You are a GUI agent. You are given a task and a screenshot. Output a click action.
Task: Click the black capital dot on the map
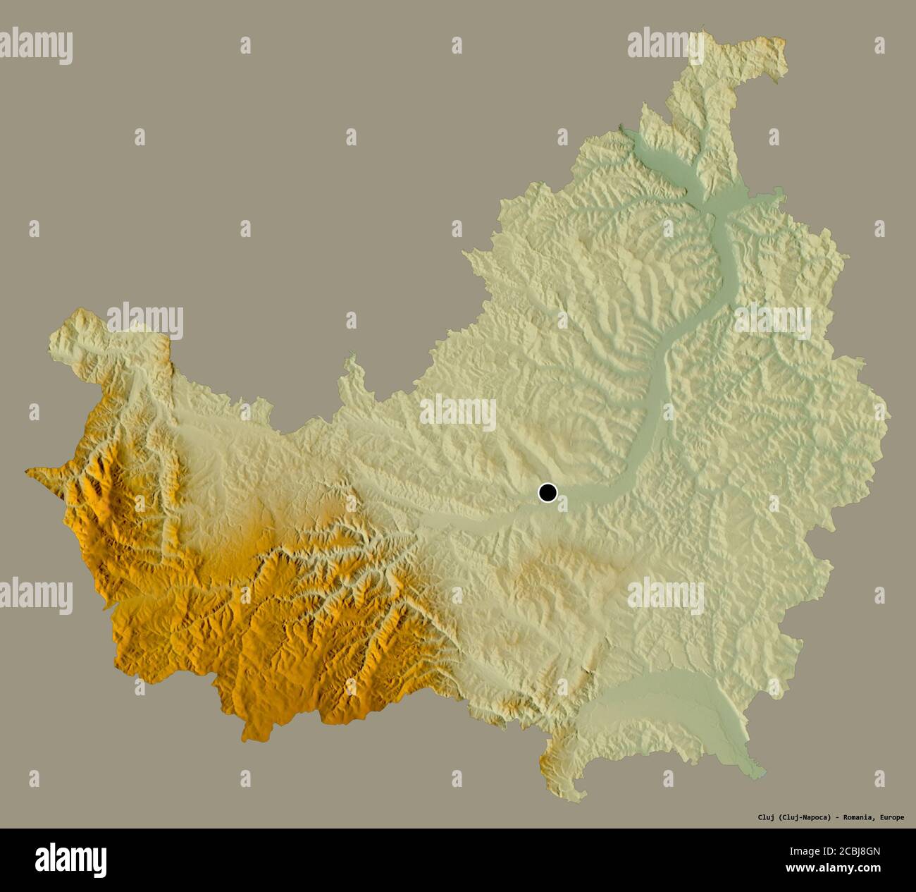click(x=547, y=492)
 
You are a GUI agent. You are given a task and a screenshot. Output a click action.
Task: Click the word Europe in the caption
click(x=892, y=818)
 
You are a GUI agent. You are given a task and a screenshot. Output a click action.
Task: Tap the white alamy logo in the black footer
click(x=71, y=860)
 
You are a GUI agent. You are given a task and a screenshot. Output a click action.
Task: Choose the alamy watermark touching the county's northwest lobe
click(x=145, y=321)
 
